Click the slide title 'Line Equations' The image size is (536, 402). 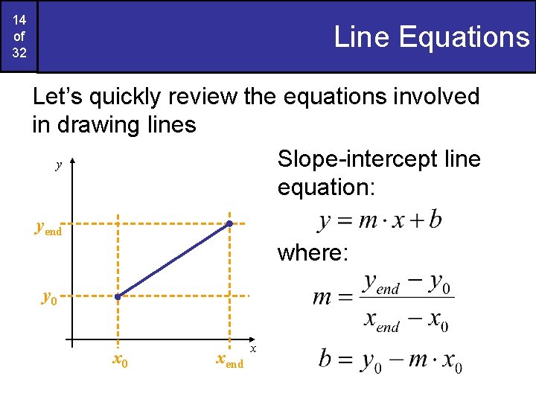tap(431, 36)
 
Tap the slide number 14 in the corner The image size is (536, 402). tap(19, 20)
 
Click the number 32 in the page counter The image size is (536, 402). tap(19, 54)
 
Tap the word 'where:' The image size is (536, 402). tap(313, 253)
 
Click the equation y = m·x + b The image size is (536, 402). tap(380, 220)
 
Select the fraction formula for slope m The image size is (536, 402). tap(383, 301)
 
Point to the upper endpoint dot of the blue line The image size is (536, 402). tap(230, 223)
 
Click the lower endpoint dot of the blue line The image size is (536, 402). tap(117, 297)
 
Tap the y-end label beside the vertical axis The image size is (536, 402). tap(48, 229)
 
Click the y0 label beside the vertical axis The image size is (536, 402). tap(50, 298)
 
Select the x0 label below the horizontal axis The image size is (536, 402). tap(119, 360)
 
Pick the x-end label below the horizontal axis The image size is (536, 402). tap(229, 360)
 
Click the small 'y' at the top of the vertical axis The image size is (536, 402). tap(58, 165)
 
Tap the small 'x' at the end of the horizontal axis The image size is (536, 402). tap(253, 348)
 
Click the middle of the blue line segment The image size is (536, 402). tap(173, 260)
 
